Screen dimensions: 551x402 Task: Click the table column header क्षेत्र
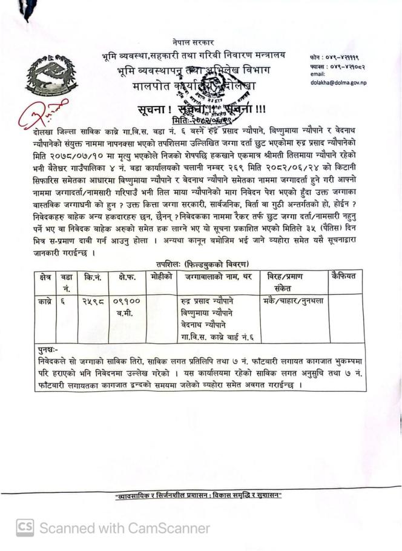pos(44,276)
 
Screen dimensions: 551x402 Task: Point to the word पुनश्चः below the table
pos(47,349)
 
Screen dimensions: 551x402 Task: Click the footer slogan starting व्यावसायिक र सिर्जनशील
pos(199,496)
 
